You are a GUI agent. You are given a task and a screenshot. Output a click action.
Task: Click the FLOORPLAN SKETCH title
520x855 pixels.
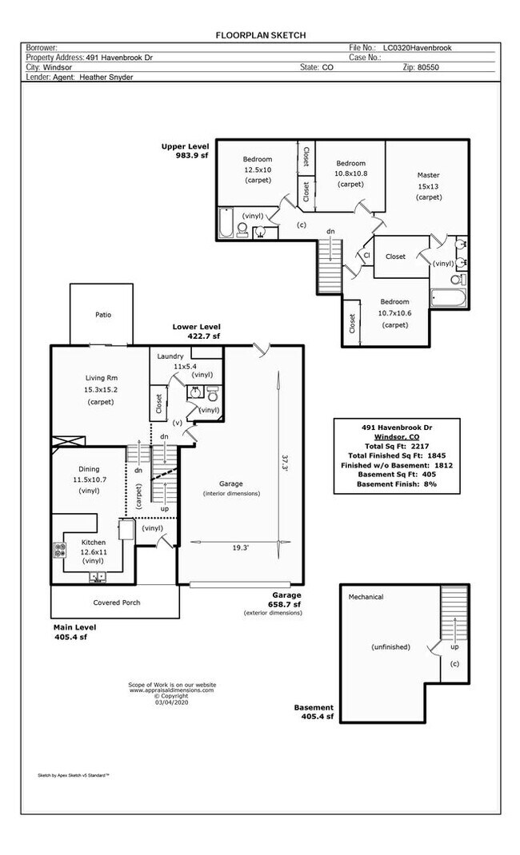click(x=260, y=35)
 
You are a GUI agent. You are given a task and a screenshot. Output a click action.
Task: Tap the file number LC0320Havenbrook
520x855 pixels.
click(x=417, y=48)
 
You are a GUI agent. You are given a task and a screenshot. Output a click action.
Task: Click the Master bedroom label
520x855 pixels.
click(x=428, y=175)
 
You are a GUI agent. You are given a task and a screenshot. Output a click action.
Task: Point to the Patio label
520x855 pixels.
click(x=103, y=315)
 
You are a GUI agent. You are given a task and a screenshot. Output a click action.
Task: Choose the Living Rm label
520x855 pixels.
click(x=100, y=378)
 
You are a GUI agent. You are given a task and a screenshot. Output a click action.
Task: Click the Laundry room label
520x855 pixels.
click(x=170, y=356)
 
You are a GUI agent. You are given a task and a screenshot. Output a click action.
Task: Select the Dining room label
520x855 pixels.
click(x=89, y=468)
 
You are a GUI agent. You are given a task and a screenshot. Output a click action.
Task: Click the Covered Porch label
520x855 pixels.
click(x=117, y=602)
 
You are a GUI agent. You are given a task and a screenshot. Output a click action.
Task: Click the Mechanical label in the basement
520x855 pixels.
click(x=366, y=597)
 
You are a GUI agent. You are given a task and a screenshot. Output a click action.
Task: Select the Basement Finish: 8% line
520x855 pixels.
click(x=396, y=484)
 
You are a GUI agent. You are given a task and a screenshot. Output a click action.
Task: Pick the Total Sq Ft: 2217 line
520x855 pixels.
click(x=396, y=446)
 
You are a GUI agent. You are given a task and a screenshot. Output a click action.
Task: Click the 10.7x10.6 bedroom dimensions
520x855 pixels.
click(x=394, y=313)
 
